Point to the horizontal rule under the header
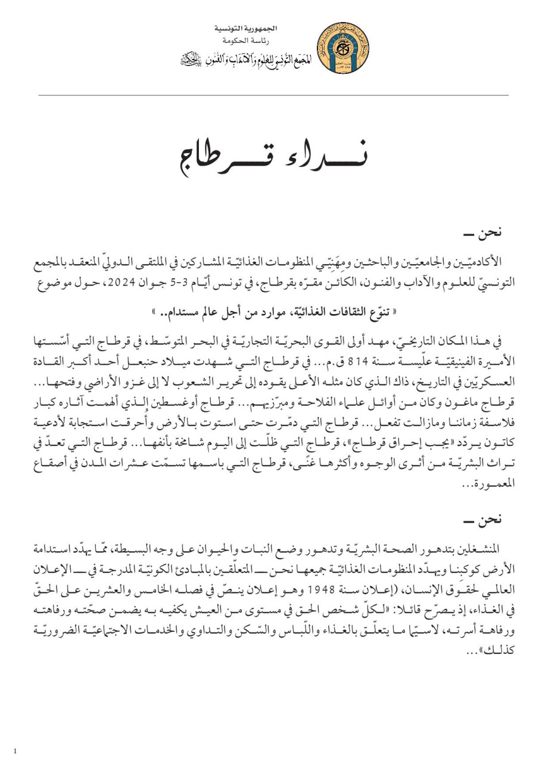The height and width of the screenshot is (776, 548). tap(273, 95)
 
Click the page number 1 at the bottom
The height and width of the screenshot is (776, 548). tap(15, 751)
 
